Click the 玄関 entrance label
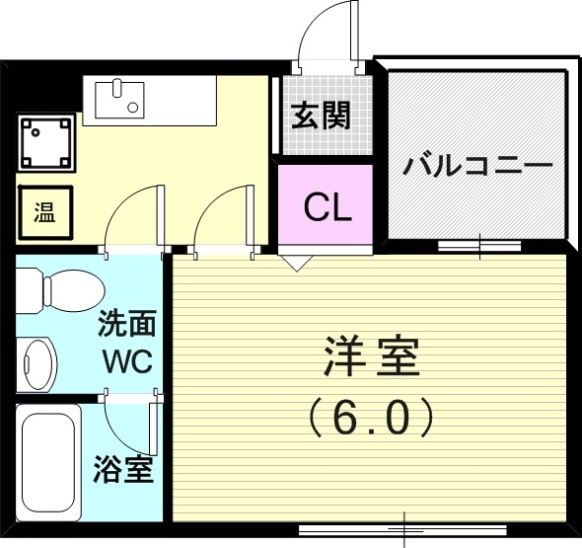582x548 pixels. (x=321, y=117)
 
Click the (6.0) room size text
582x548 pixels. (x=372, y=418)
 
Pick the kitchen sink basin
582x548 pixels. (x=117, y=98)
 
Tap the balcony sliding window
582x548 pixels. (x=479, y=244)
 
